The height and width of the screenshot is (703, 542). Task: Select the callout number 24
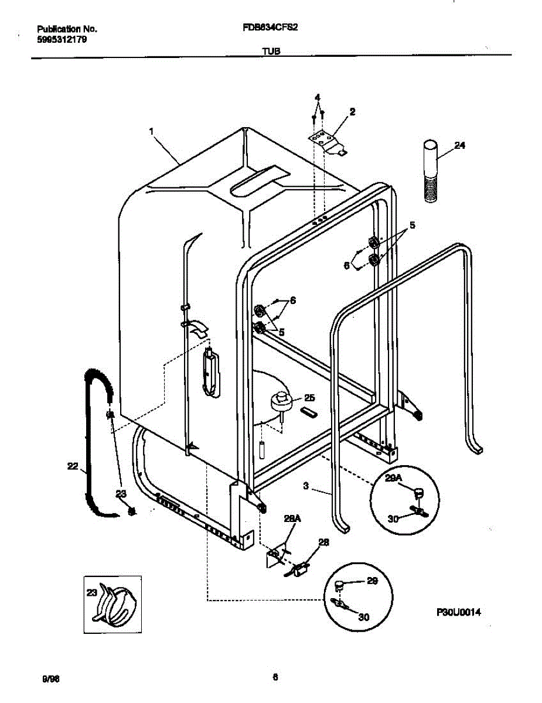[460, 146]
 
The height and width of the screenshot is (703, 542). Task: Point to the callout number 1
[151, 132]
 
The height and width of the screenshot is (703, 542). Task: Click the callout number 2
[352, 111]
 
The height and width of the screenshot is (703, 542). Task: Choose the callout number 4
[317, 97]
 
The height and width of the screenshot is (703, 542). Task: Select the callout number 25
[309, 398]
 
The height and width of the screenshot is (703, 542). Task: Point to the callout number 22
[73, 466]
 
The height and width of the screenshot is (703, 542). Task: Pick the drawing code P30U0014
[459, 612]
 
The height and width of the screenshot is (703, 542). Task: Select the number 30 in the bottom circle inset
[364, 617]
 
